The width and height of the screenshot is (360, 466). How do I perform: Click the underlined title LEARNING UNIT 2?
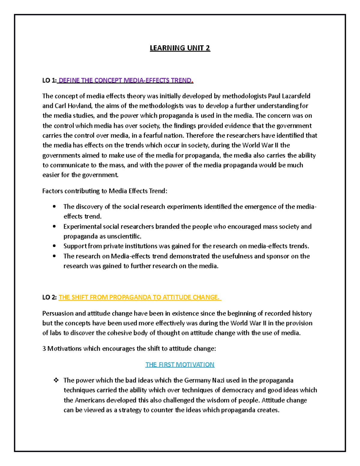(180, 48)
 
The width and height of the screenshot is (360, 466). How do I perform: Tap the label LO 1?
(49, 80)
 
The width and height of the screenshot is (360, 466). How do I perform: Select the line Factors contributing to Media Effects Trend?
(105, 191)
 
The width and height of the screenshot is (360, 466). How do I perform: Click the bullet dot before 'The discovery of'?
(54, 207)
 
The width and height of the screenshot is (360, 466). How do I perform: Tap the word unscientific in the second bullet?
(124, 236)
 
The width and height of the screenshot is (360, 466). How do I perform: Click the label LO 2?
(49, 297)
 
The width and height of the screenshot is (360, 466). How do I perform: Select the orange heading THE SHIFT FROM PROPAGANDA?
(139, 297)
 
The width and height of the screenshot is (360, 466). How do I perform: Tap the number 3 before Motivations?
(44, 349)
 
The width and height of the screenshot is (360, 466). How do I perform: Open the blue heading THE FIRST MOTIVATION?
(180, 365)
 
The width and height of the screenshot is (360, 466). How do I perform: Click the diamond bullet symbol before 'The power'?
(56, 380)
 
